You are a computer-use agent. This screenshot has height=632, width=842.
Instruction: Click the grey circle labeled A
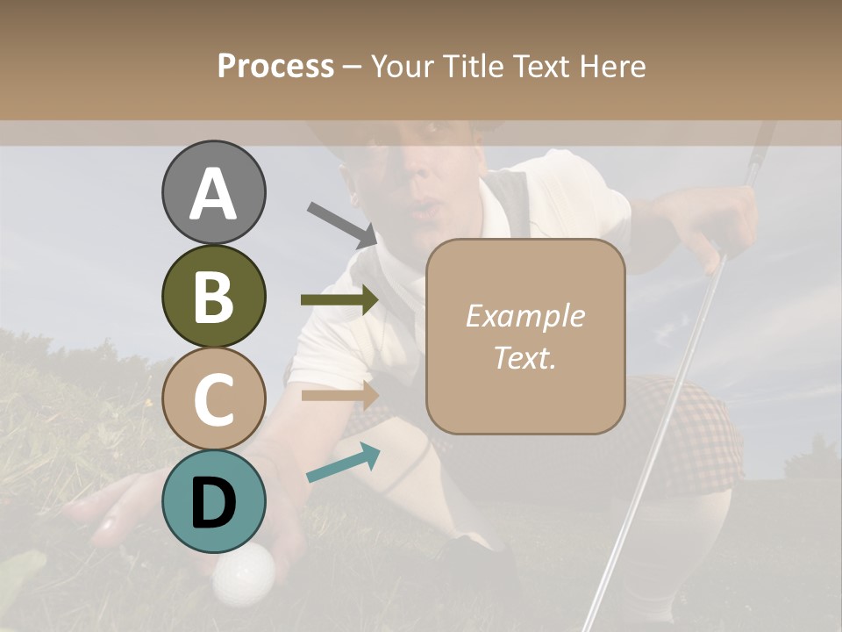tap(213, 193)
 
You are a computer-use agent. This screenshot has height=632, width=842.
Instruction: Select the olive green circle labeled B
tap(213, 297)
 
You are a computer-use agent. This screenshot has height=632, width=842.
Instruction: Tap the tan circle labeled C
tap(213, 399)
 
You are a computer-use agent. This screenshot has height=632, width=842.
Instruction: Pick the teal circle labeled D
tap(213, 501)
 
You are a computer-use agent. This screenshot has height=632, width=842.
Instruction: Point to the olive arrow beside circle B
tap(339, 299)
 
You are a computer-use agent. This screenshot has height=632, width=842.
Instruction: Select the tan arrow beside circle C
tap(339, 395)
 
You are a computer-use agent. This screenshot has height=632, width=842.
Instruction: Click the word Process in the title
tap(275, 66)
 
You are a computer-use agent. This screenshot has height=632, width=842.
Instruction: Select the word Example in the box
tap(524, 316)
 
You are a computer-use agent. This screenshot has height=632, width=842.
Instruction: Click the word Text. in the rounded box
tap(524, 357)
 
